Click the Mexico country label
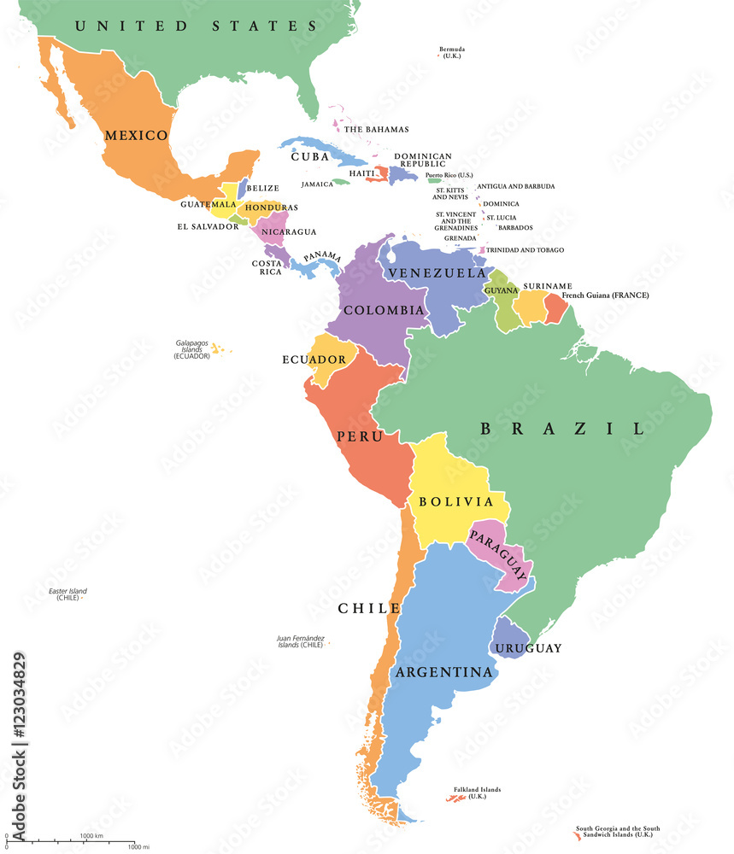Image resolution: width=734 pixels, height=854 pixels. click(x=136, y=135)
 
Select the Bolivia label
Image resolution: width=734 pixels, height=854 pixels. click(x=456, y=501)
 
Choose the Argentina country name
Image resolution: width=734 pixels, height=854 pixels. click(x=443, y=673)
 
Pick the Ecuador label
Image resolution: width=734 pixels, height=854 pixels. click(x=314, y=360)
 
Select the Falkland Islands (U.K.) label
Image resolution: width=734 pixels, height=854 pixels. click(x=477, y=792)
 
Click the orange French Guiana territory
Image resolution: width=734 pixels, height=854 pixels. click(x=556, y=307)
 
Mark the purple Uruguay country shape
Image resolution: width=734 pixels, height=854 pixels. click(x=510, y=638)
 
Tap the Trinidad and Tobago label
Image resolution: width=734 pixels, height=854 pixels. click(x=526, y=250)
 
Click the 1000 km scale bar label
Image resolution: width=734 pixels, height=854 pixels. click(x=91, y=834)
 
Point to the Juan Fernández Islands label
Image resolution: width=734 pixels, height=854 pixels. click(x=300, y=642)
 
